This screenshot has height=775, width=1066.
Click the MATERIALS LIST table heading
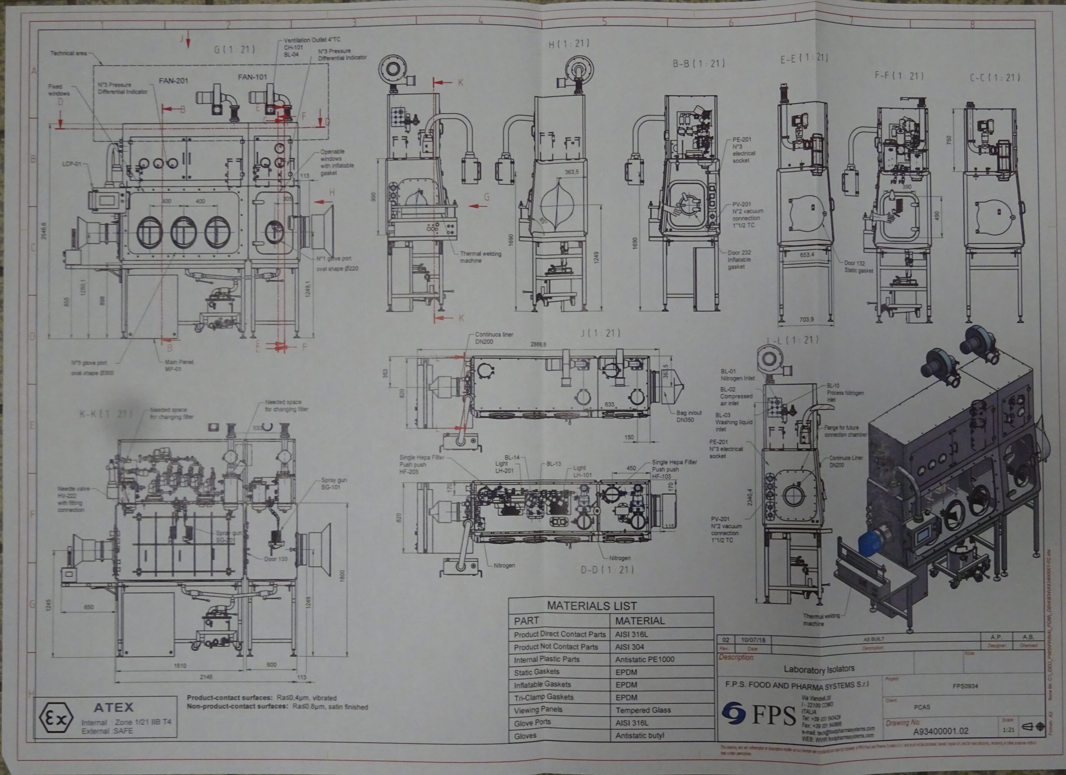[x=591, y=606]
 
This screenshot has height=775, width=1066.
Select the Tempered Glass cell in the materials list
[x=643, y=710]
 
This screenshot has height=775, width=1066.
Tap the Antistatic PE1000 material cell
[x=645, y=659]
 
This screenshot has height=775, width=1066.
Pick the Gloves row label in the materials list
[x=525, y=736]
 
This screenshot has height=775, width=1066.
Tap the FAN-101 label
[x=252, y=77]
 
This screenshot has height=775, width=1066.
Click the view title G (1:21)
[x=234, y=49]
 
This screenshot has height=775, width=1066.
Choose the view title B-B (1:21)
[x=698, y=63]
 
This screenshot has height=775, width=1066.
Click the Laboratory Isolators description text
[x=819, y=669]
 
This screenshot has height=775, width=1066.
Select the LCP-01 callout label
[x=72, y=164]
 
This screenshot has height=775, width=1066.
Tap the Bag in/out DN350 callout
[x=689, y=416]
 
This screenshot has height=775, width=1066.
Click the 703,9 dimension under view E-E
[x=806, y=319]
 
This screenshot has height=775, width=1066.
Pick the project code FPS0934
[x=965, y=686]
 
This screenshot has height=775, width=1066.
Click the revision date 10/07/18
[x=753, y=640]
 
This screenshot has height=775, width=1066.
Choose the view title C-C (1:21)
[x=995, y=77]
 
